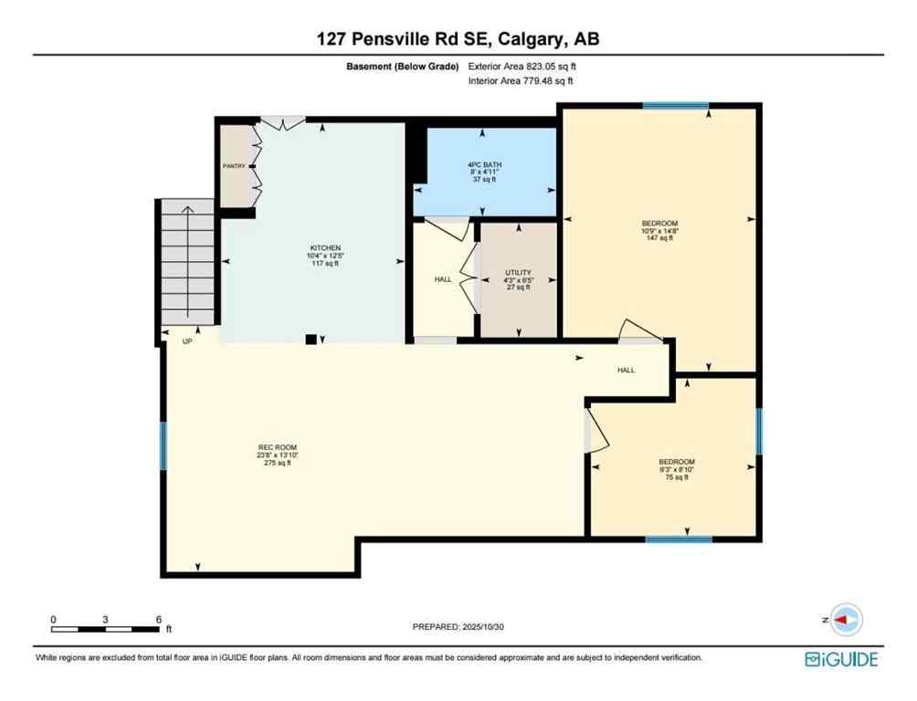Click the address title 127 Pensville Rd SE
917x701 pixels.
click(x=458, y=38)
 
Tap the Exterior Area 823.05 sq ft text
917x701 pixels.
click(x=522, y=66)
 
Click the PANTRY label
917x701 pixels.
click(x=235, y=167)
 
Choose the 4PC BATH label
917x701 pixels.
click(x=484, y=165)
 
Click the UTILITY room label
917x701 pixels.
click(x=518, y=273)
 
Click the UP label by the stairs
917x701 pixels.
click(x=187, y=341)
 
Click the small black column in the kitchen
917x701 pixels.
click(x=311, y=340)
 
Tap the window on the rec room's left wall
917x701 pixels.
click(x=163, y=445)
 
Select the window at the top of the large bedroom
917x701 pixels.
click(x=675, y=106)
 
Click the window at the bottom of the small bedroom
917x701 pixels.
click(x=679, y=539)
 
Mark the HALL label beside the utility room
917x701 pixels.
click(x=443, y=279)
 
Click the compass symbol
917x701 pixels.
click(x=848, y=620)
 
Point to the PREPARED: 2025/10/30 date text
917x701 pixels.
click(x=458, y=626)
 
